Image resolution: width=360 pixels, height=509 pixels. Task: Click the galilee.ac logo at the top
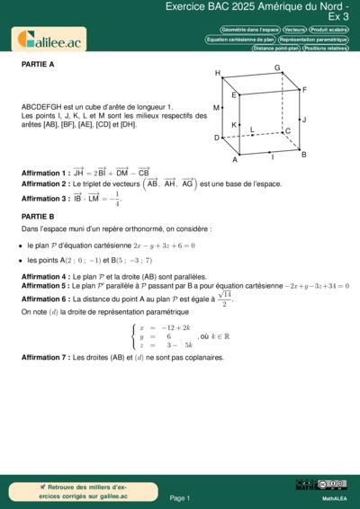(x=49, y=39)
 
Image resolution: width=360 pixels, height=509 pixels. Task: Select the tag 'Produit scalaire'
(x=328, y=30)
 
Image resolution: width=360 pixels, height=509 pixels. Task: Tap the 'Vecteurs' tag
(x=293, y=30)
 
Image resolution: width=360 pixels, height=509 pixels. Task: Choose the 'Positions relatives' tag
(x=326, y=48)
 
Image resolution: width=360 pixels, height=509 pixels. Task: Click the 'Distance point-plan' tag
(x=275, y=48)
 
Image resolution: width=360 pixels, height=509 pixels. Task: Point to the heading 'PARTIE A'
(x=38, y=65)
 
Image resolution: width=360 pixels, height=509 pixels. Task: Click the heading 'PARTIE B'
(x=38, y=217)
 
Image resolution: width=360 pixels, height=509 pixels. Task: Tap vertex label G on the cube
(x=277, y=68)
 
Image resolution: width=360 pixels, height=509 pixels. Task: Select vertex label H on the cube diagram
(x=218, y=73)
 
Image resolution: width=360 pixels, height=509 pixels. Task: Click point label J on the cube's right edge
(x=304, y=119)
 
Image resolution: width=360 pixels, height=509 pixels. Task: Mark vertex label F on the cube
(x=304, y=90)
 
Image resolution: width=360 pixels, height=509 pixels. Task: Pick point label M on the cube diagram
(x=216, y=107)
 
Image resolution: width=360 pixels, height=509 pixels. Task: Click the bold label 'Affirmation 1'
(x=45, y=172)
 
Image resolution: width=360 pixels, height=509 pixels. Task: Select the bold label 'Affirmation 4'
(x=45, y=276)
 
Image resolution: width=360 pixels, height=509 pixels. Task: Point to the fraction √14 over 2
(x=225, y=299)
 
